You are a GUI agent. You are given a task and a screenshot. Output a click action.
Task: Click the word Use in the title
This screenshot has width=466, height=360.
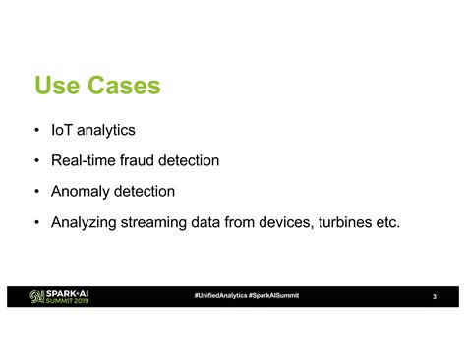pos(57,87)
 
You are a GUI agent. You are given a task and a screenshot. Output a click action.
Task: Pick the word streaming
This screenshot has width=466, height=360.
pos(160,222)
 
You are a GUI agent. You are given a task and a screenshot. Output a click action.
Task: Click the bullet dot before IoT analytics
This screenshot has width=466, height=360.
pos(36,130)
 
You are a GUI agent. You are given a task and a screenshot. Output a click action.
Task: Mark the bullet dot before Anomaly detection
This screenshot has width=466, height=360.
pos(36,192)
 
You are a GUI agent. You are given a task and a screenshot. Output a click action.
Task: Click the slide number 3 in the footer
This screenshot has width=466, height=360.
pos(434,298)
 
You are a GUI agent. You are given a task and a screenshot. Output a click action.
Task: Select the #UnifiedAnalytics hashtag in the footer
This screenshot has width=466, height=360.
pos(221,296)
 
